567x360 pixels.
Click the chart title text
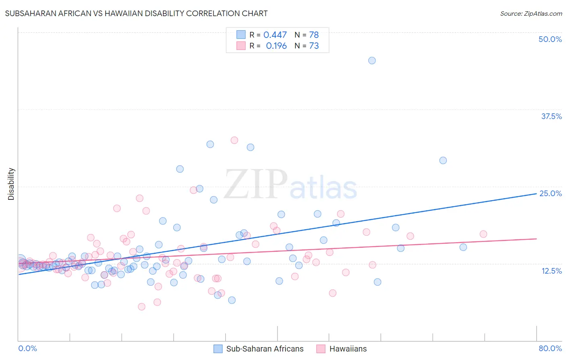point(136,13)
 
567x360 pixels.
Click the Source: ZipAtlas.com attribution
point(531,13)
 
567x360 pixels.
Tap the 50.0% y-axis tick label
point(550,39)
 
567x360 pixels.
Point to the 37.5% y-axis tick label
point(551,116)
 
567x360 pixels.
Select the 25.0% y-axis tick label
point(550,193)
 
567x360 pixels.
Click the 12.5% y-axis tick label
point(551,271)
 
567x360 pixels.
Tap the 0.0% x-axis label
point(27,348)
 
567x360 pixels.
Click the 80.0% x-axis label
point(550,348)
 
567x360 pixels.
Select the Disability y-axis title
point(11,184)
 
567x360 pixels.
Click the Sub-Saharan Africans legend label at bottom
point(265,349)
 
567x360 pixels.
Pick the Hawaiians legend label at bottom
point(348,349)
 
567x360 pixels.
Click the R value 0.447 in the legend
point(275,35)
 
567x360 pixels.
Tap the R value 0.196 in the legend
point(276,46)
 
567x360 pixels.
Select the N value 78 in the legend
point(314,35)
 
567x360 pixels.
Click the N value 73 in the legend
point(314,46)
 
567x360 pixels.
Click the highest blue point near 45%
point(372,61)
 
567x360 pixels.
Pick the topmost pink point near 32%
point(234,140)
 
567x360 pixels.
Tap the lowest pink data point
point(142,307)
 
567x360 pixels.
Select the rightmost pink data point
point(483,234)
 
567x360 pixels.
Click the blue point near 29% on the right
point(443,160)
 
